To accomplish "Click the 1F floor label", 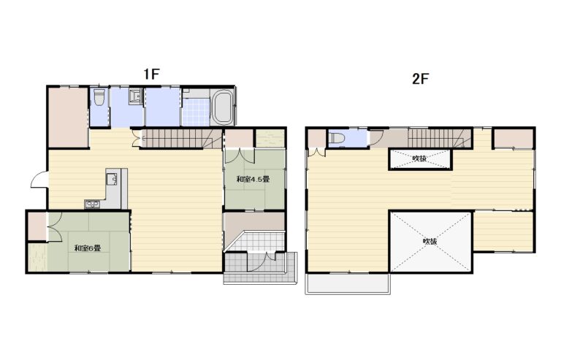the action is click(x=151, y=74).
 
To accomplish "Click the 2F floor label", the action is click(x=421, y=79).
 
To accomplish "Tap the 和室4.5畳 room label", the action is click(x=253, y=179).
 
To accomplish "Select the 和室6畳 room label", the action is click(x=88, y=248).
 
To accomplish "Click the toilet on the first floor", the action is click(x=99, y=97).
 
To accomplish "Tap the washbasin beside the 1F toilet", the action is click(x=136, y=96).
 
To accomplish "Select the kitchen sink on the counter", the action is click(x=111, y=179).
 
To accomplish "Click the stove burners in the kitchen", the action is click(x=93, y=204).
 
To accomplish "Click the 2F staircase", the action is click(x=440, y=138).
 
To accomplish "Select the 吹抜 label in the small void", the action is click(x=419, y=158).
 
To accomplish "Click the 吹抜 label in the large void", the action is click(x=430, y=241).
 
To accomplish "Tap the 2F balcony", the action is click(x=348, y=284).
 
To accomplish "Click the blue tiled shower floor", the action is click(x=196, y=112).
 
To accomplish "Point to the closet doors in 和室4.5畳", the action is click(x=239, y=156).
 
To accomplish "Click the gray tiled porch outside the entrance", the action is click(x=261, y=274).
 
